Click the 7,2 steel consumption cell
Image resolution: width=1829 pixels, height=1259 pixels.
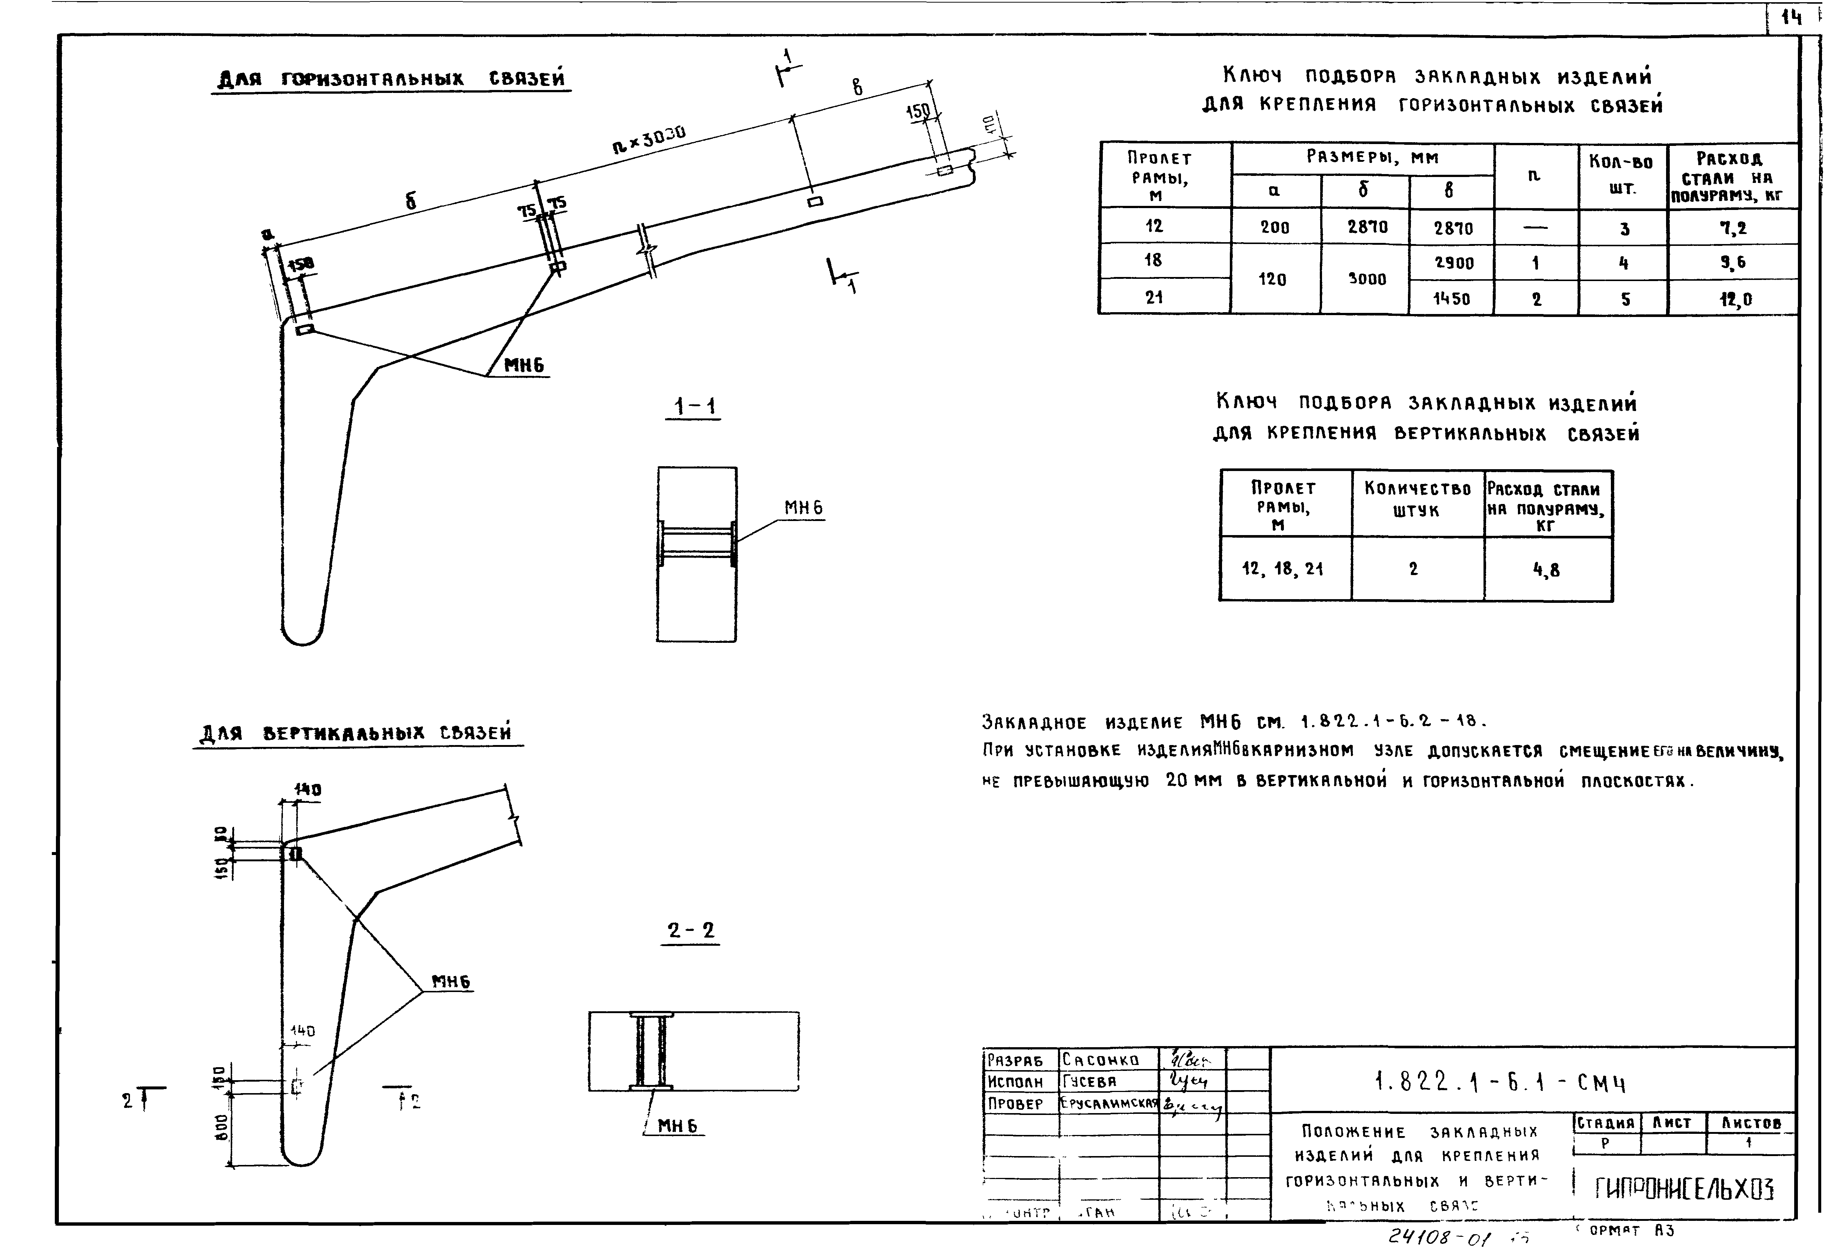(1733, 228)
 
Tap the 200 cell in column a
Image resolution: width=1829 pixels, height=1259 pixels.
(1275, 227)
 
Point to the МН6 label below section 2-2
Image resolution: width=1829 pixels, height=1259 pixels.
(677, 1126)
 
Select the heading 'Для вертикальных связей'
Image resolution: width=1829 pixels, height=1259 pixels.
(357, 734)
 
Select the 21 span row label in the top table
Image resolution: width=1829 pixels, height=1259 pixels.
(1154, 297)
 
